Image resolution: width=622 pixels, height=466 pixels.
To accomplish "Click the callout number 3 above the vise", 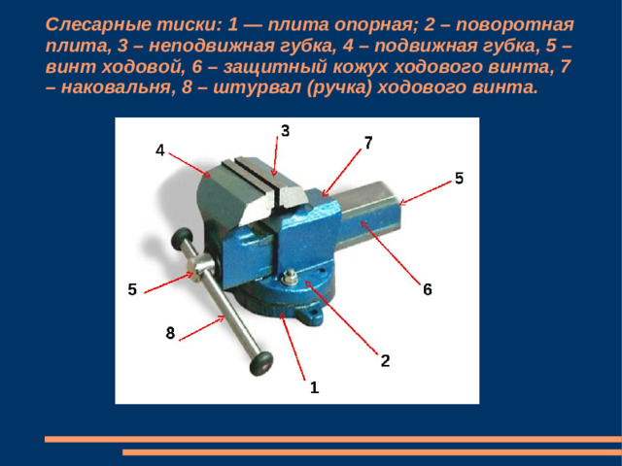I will (x=285, y=131).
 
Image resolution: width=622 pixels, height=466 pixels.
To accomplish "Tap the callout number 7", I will (x=368, y=143).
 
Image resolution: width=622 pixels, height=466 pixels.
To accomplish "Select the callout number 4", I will (x=159, y=150).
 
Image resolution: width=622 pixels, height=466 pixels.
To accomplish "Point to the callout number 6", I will (x=427, y=289).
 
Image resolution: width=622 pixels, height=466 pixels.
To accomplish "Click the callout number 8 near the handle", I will (x=170, y=333).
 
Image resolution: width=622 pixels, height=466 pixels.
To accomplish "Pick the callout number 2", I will (x=385, y=360).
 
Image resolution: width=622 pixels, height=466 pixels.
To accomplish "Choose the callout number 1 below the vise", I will (x=314, y=387).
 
